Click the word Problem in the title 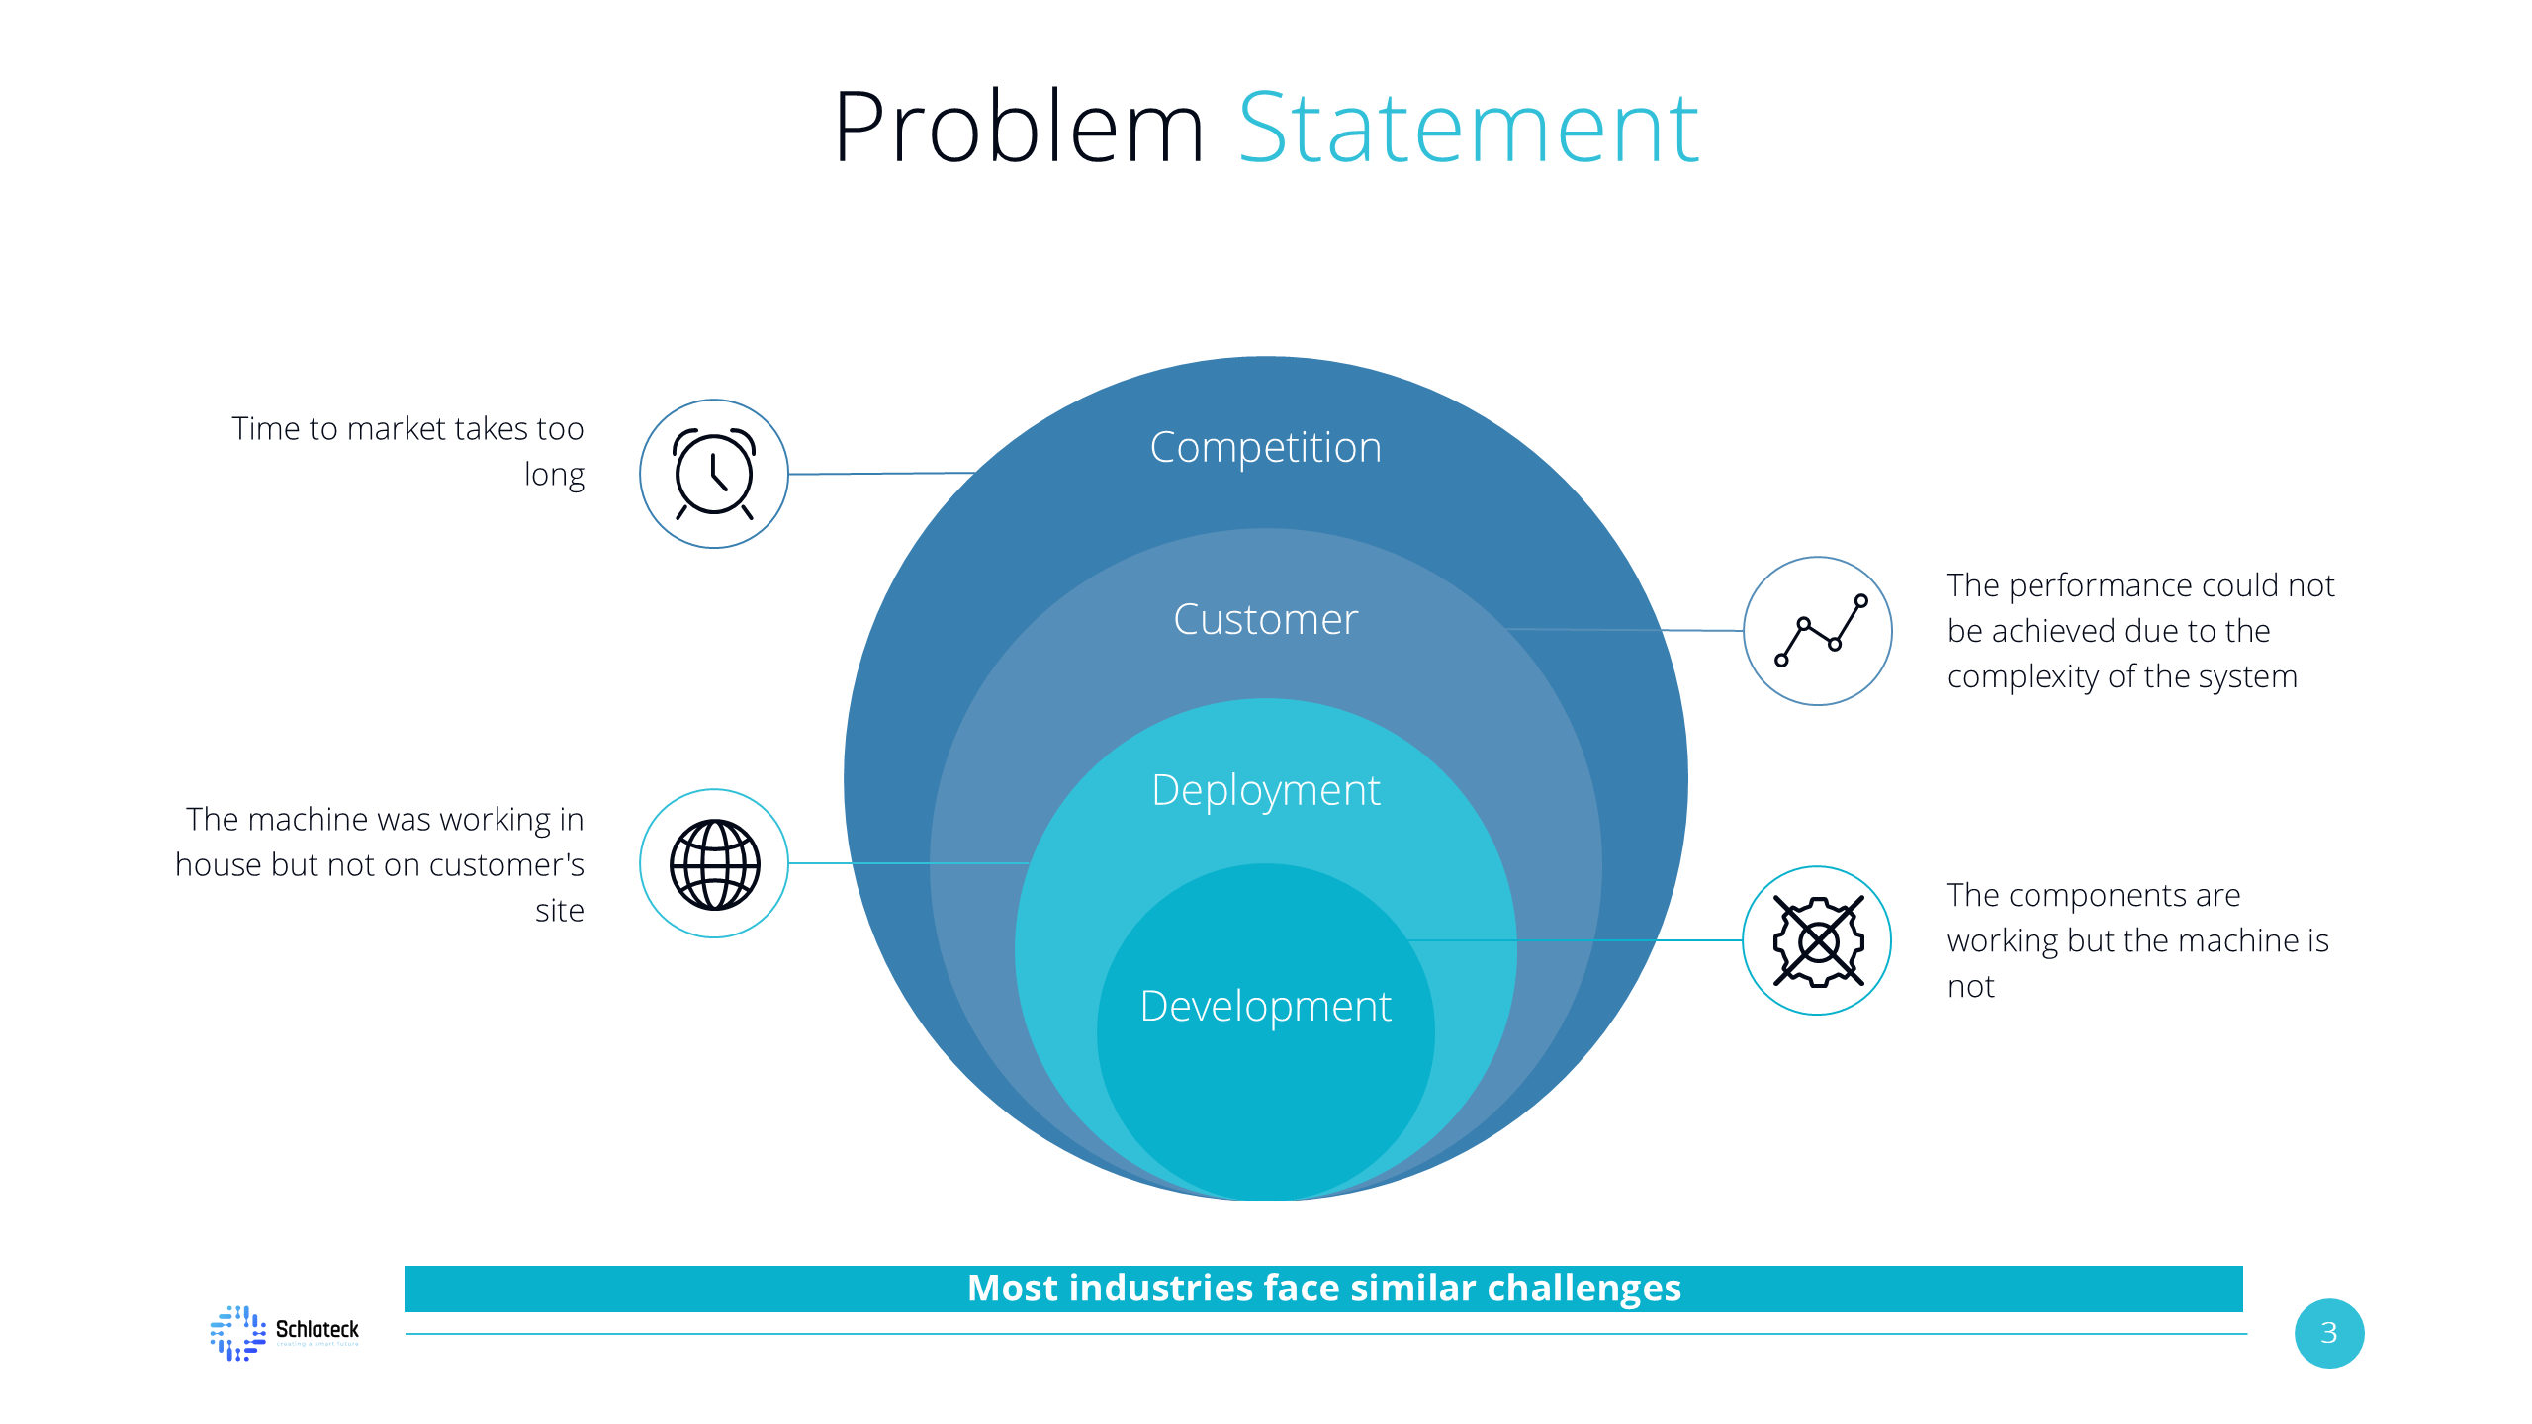coord(1019,129)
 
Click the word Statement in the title coord(1468,129)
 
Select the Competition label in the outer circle coord(1265,448)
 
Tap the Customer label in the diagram coord(1265,620)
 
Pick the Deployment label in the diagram coord(1265,791)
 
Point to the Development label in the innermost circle coord(1265,1007)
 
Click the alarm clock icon coord(714,474)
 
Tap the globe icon coord(714,864)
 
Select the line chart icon coord(1818,631)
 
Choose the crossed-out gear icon coord(1818,940)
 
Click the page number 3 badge coord(2329,1333)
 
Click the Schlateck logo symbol coord(237,1332)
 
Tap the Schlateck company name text coord(316,1329)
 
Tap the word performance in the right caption coord(2100,586)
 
